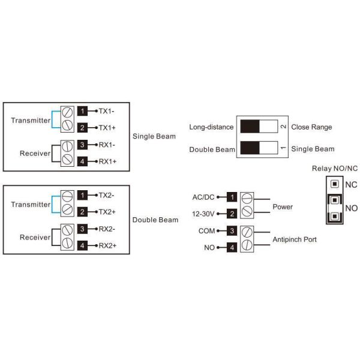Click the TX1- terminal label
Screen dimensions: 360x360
107,111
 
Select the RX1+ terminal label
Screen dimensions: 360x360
107,161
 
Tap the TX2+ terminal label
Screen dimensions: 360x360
107,212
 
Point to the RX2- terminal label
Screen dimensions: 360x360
107,229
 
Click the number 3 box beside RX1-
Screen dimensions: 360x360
83,145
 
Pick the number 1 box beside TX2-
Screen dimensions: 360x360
83,195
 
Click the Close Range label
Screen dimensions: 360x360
311,127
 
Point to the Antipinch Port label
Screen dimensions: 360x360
295,239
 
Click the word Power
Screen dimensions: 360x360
283,207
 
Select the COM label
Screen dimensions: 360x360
206,230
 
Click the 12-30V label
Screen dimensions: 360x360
203,214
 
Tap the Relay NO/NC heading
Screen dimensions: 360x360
334,168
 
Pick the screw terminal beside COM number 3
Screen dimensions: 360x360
247,230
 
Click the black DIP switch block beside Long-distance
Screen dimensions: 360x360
250,127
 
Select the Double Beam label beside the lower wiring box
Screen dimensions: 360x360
155,220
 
